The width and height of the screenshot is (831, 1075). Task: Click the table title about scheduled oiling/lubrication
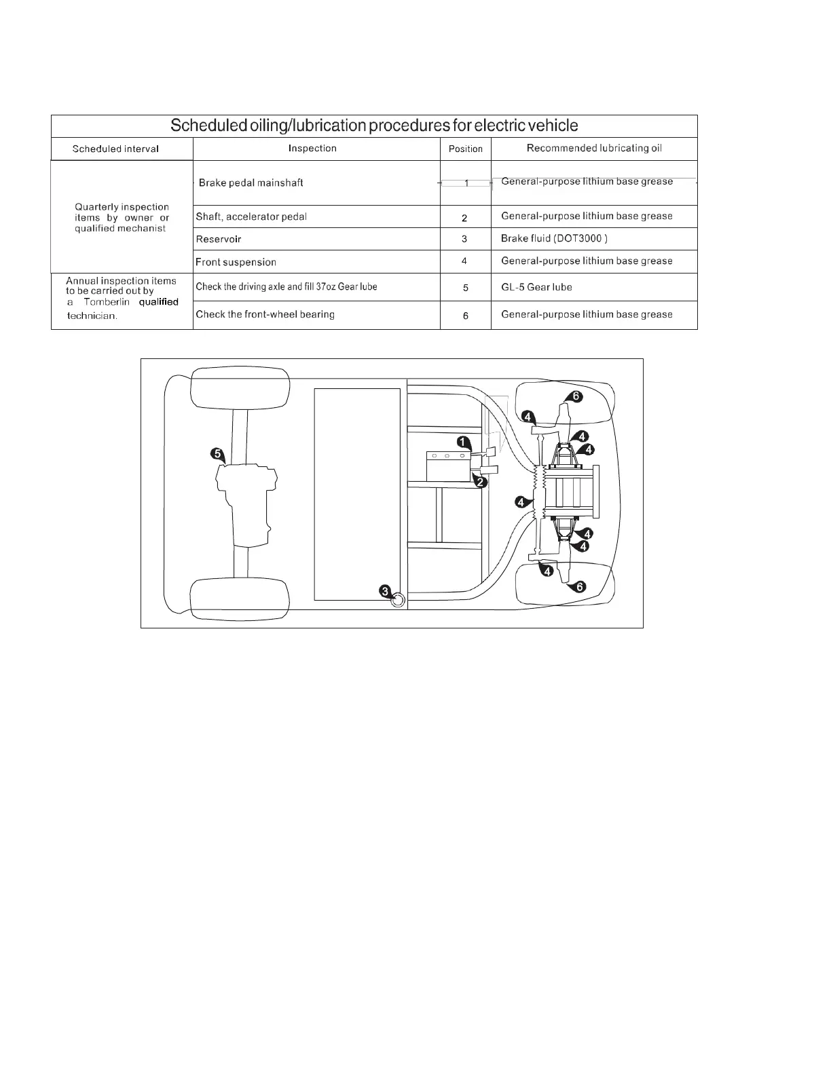tap(374, 126)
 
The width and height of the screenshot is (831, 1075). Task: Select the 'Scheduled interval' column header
tap(115, 149)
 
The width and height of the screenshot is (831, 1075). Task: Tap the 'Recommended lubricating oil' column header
tap(594, 148)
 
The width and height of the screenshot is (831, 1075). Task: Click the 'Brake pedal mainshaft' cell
tap(251, 183)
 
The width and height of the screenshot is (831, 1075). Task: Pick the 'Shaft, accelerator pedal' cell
tap(251, 216)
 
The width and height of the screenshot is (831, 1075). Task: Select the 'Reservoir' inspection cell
tap(219, 239)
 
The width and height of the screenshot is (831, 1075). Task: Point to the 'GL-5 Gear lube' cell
tap(536, 287)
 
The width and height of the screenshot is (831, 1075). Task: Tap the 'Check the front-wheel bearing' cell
tap(265, 314)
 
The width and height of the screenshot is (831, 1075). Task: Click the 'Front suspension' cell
tap(236, 262)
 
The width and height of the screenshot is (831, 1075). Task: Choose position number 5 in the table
tap(465, 288)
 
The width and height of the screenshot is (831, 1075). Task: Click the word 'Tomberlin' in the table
tap(107, 302)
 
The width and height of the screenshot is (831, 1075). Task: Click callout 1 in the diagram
tap(462, 442)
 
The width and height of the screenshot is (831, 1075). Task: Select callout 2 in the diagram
tap(480, 483)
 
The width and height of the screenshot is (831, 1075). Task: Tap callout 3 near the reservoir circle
tap(385, 590)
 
